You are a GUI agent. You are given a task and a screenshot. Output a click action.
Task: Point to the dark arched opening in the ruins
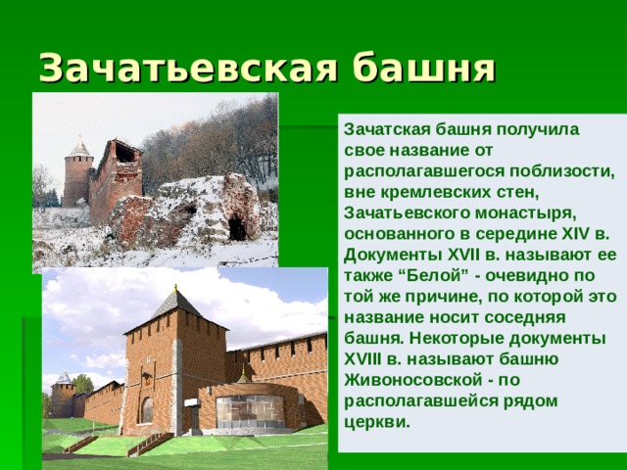(238, 227)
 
